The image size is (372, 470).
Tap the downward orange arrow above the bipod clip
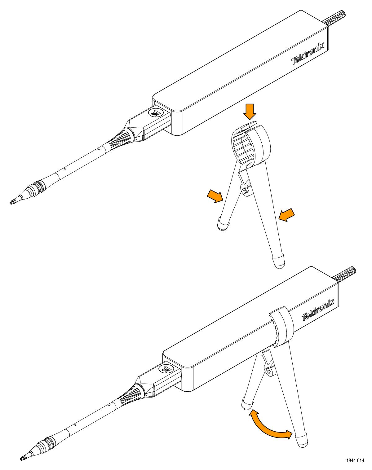coord(250,112)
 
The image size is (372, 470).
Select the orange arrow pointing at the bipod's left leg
coord(215,196)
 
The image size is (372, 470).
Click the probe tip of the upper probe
coord(11,202)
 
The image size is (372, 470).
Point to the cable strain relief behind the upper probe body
coord(334,18)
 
